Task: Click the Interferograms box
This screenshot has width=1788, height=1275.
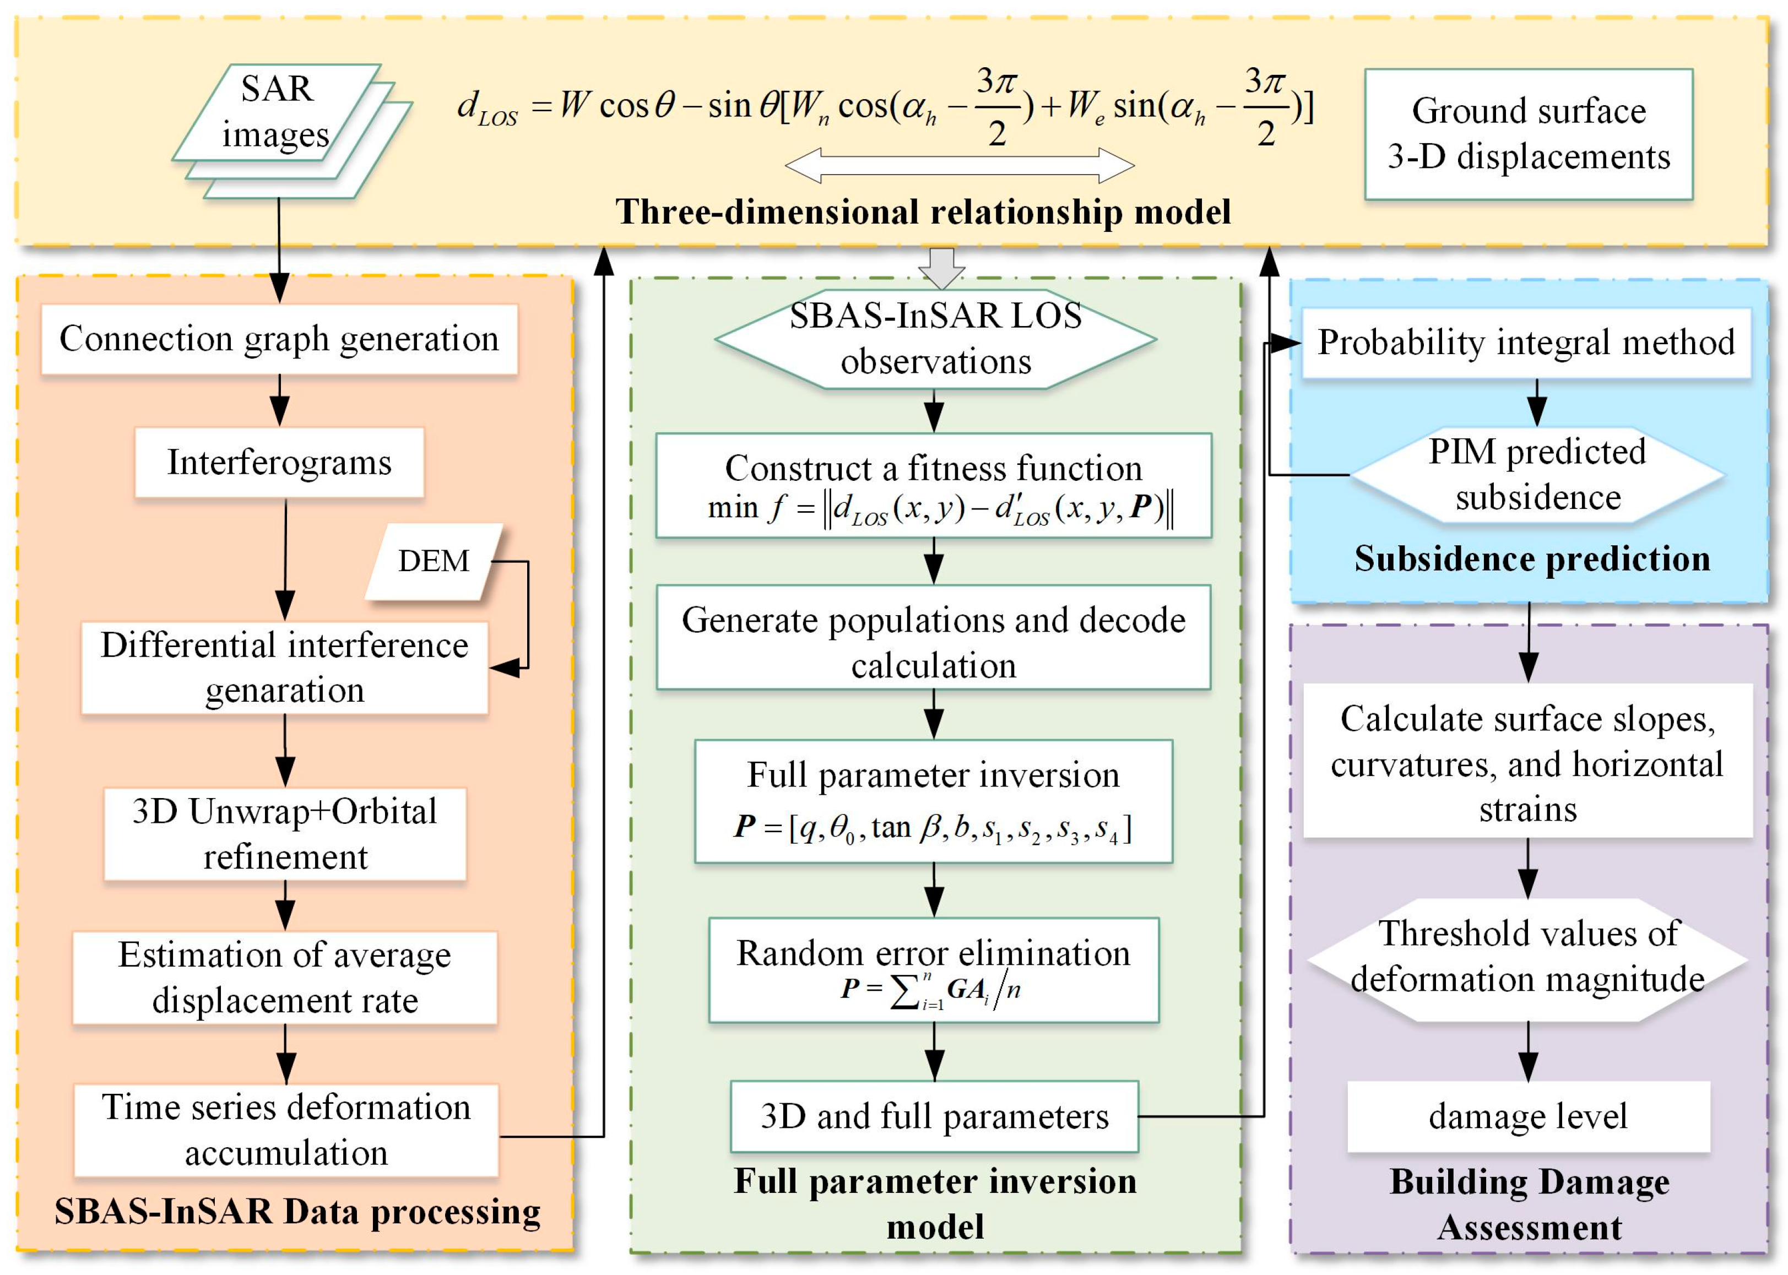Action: coord(279,463)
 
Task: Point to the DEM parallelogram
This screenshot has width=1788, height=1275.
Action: coord(434,561)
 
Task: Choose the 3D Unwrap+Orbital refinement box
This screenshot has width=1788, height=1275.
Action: coord(285,834)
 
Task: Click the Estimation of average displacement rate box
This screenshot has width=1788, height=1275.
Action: coord(285,978)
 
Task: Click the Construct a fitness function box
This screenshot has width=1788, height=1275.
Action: coord(933,486)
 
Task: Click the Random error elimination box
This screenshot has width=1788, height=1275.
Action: coord(933,969)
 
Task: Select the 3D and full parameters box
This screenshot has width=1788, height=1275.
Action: coord(934,1116)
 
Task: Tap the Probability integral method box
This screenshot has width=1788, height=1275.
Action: coord(1526,343)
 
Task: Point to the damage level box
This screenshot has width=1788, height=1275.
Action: coord(1527,1116)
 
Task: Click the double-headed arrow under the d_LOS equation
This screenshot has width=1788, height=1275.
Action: coord(960,166)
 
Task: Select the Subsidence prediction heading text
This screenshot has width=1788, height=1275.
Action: coord(1531,559)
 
